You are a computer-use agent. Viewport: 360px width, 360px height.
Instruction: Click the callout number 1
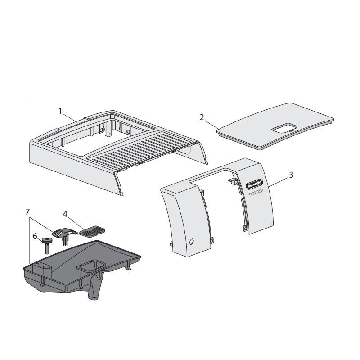click(x=60, y=111)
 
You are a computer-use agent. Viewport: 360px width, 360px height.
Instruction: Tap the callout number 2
click(x=202, y=117)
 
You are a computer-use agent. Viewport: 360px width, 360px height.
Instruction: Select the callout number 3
click(x=291, y=175)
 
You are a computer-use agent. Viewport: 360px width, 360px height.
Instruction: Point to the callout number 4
click(x=65, y=214)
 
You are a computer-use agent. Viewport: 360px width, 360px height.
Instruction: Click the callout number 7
click(x=27, y=211)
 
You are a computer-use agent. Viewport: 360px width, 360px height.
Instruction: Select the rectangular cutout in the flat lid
click(x=282, y=129)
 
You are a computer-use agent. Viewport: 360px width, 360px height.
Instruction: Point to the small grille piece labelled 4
click(x=92, y=231)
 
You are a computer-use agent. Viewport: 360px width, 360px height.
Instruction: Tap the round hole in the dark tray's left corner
click(x=45, y=268)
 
